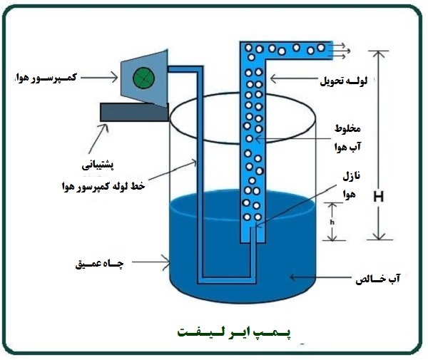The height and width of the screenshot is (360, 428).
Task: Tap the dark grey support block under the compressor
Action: pyautogui.click(x=135, y=111)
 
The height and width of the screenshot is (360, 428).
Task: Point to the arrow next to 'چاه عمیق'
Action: pyautogui.click(x=146, y=263)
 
